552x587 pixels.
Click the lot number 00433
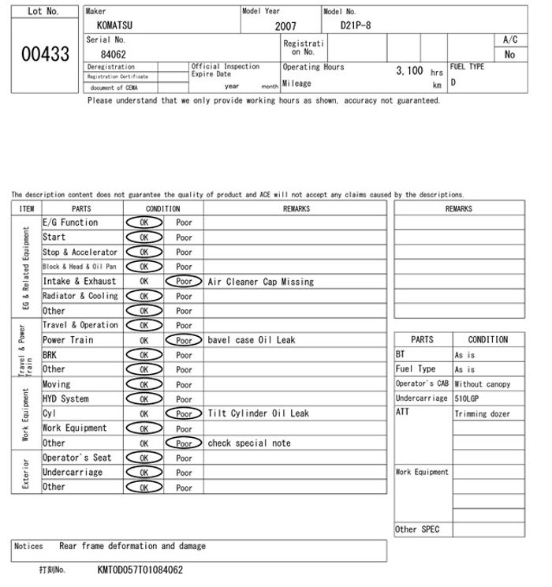(x=43, y=55)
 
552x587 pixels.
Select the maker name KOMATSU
(x=114, y=25)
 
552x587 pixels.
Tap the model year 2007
(x=285, y=26)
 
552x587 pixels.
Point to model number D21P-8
(x=356, y=25)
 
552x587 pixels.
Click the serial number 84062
(x=113, y=54)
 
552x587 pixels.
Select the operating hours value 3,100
(x=409, y=70)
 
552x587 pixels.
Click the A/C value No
(x=509, y=55)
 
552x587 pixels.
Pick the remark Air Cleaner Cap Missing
(x=260, y=282)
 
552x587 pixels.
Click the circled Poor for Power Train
(x=184, y=341)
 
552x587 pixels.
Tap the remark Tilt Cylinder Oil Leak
(x=259, y=413)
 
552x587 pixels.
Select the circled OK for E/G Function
(x=144, y=223)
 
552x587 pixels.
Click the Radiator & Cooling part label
(x=80, y=296)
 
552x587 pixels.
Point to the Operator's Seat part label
(x=76, y=458)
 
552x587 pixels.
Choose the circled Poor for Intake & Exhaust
(x=184, y=282)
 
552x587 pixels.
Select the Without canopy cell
(x=482, y=384)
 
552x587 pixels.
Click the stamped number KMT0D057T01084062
(x=140, y=570)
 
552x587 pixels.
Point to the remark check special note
(x=249, y=443)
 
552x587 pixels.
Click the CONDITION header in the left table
(x=163, y=209)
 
